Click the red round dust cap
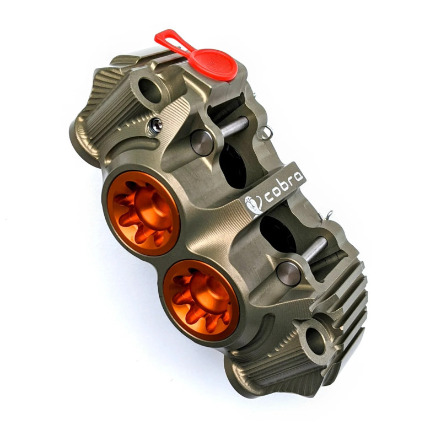click(213, 64)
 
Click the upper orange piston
click(143, 213)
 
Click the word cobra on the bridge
click(284, 187)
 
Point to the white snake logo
click(254, 205)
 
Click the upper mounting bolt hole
click(150, 90)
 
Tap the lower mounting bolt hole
click(315, 341)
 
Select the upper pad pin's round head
click(202, 143)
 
